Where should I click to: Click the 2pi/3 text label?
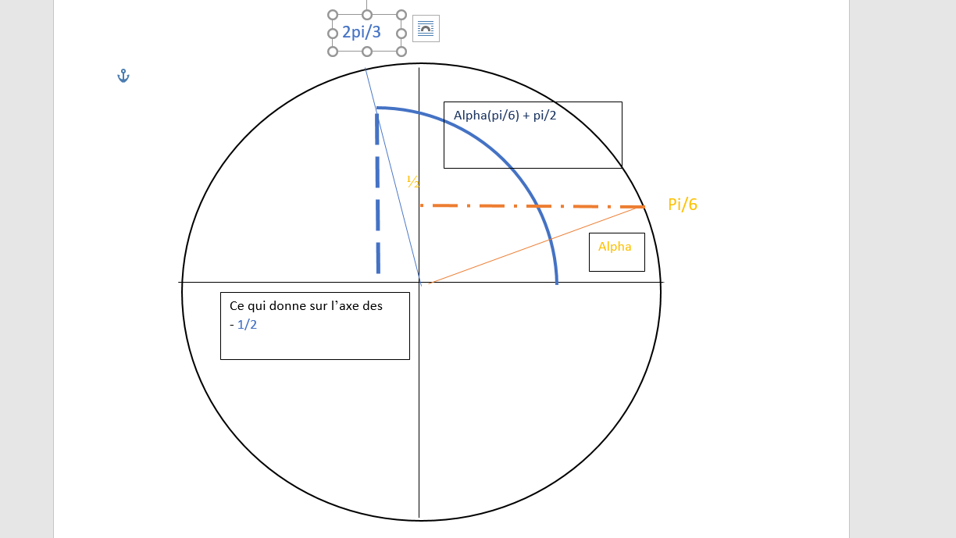tap(362, 32)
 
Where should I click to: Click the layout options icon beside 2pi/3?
tap(426, 29)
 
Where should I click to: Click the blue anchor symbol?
tap(123, 76)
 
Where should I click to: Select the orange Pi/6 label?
tap(683, 205)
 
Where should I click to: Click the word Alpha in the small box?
tap(615, 247)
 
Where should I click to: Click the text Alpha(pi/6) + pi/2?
tap(505, 116)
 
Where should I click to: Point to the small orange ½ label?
tap(413, 182)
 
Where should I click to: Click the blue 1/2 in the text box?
tap(247, 325)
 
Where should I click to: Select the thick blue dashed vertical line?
tap(378, 195)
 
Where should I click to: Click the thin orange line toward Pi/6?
tap(539, 244)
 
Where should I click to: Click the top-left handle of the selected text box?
tap(333, 15)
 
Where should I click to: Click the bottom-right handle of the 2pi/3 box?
tap(401, 52)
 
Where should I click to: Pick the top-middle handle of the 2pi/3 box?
tap(367, 15)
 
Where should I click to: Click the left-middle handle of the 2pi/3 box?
tap(333, 33)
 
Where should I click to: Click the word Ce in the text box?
tap(237, 306)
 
